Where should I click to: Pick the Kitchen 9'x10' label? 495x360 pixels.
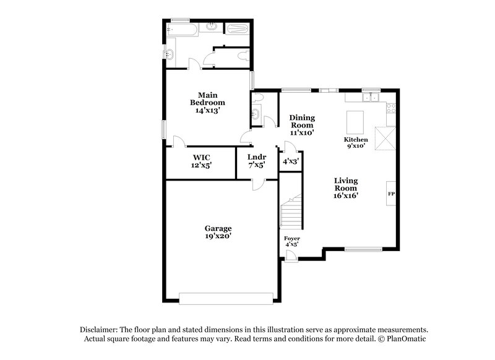[356, 143]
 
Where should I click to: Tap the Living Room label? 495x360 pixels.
[346, 187]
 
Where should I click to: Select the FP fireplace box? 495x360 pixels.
[391, 194]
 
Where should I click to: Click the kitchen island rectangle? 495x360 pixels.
[355, 119]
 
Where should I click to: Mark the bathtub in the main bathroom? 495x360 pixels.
[184, 28]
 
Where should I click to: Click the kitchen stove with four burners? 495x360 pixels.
[390, 108]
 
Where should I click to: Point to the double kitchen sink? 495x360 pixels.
[371, 96]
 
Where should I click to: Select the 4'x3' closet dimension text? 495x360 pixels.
[291, 161]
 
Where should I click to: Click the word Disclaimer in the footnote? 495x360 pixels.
[97, 330]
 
